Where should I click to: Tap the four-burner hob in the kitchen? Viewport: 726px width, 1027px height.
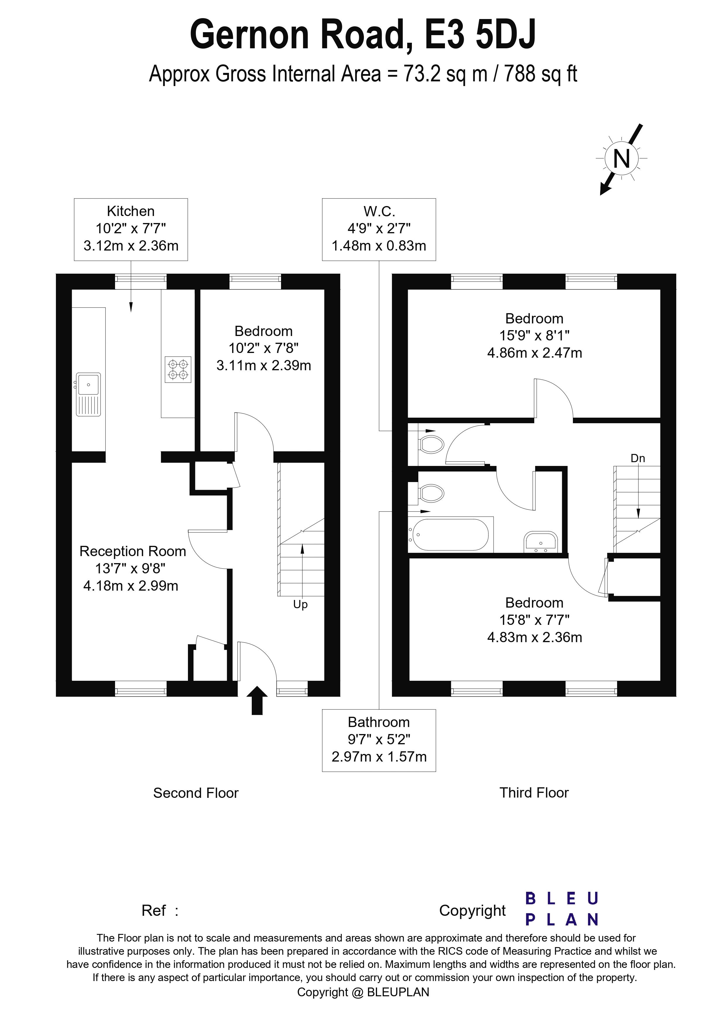[x=178, y=369]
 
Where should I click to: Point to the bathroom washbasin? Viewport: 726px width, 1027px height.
[x=540, y=542]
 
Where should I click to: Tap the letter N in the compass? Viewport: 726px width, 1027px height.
[x=621, y=159]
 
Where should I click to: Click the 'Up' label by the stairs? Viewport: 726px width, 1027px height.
[x=300, y=605]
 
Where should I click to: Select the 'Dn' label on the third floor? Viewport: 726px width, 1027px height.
[x=638, y=459]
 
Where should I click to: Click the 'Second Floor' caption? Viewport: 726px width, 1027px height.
[x=196, y=793]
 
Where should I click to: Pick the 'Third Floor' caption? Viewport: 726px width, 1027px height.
[x=534, y=793]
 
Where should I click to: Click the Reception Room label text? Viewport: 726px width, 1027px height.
[x=133, y=551]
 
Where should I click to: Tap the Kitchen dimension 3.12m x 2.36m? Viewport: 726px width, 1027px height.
[x=131, y=246]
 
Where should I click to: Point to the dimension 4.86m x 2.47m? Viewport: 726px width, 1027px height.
[x=535, y=353]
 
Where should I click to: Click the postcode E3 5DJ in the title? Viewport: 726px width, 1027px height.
[x=480, y=35]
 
